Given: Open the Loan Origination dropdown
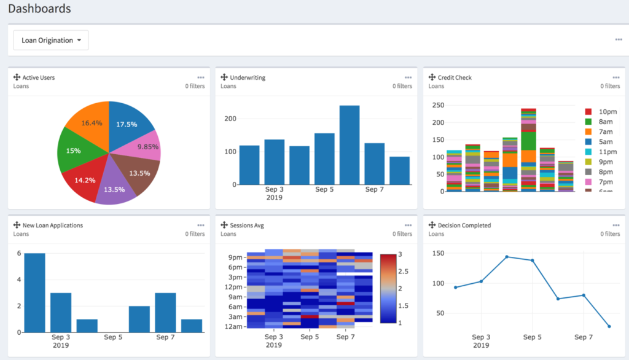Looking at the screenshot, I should click(x=51, y=41).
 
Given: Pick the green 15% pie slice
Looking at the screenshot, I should click(x=73, y=151).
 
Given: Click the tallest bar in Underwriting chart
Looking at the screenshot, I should click(x=350, y=146).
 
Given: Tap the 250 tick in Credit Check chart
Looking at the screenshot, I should click(x=437, y=105).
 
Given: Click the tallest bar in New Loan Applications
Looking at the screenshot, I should click(x=34, y=292).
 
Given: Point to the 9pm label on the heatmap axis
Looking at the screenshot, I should click(x=235, y=257).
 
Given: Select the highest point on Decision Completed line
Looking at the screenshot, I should click(x=507, y=257).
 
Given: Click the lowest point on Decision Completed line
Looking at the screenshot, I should click(x=609, y=326).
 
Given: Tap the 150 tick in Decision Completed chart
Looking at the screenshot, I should click(x=437, y=253).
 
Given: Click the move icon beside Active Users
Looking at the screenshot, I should click(x=17, y=77).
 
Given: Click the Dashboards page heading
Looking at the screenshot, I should click(x=39, y=9).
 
